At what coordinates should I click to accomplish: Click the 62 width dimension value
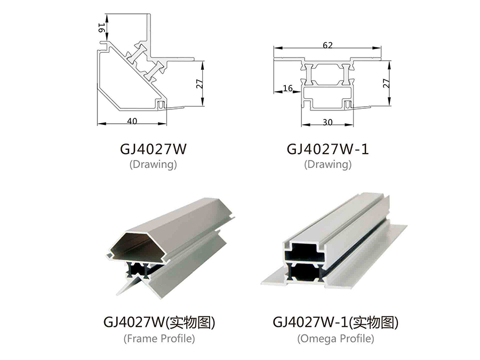point(327,45)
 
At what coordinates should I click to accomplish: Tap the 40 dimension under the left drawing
point(132,121)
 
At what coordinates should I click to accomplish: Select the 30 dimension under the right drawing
point(327,122)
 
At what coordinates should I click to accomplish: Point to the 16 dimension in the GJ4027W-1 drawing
point(288,88)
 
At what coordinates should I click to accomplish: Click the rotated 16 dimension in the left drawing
point(102,28)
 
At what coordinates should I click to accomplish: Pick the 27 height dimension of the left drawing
point(199,84)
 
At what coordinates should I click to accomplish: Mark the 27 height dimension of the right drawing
point(386,83)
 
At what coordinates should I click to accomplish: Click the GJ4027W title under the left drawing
point(153,149)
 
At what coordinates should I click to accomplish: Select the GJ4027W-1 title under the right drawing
point(327,149)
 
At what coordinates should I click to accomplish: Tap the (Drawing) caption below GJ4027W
point(153,164)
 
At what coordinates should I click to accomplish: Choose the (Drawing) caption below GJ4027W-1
point(327,164)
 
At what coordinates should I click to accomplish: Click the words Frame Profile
point(159,338)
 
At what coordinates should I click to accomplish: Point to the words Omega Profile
point(335,338)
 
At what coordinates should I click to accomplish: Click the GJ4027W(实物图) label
point(159,322)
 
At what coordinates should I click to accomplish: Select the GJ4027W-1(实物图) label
point(335,322)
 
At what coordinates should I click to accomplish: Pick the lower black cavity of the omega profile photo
point(305,271)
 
